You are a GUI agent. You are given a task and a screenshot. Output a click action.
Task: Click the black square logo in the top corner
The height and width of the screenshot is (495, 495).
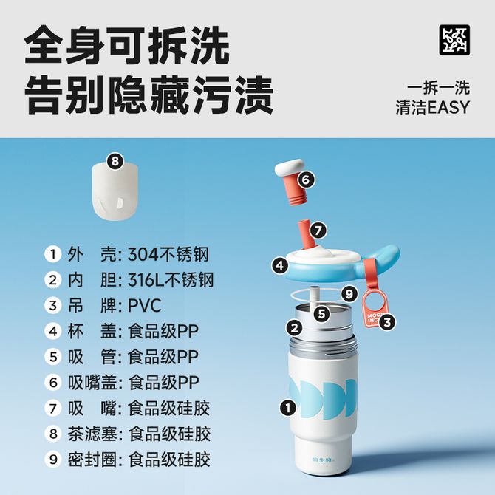(x=454, y=41)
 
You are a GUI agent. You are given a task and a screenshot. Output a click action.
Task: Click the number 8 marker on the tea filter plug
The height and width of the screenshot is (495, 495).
(x=115, y=161)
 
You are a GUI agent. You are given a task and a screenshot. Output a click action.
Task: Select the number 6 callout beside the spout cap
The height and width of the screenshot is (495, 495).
(x=306, y=180)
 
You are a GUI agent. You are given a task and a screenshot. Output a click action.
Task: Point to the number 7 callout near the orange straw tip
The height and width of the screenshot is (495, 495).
(x=318, y=230)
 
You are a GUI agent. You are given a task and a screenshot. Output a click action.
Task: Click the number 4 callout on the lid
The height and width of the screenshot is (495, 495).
(x=280, y=265)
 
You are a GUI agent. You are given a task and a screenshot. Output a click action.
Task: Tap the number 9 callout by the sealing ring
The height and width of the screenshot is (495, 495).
(x=349, y=294)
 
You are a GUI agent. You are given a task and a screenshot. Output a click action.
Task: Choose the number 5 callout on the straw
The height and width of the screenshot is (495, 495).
(x=321, y=314)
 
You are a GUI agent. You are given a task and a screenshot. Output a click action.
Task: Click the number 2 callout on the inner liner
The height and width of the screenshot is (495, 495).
(x=294, y=328)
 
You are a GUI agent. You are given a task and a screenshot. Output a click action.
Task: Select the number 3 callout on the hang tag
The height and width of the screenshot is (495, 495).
(x=387, y=322)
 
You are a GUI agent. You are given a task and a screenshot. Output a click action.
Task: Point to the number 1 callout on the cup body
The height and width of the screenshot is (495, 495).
(x=287, y=408)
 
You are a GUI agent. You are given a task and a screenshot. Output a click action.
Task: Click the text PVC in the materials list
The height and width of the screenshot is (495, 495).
(x=144, y=306)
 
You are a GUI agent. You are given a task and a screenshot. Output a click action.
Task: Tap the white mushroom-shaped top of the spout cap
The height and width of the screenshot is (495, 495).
(x=289, y=167)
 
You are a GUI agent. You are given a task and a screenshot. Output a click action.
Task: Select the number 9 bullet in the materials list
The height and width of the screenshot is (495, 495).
(x=53, y=459)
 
